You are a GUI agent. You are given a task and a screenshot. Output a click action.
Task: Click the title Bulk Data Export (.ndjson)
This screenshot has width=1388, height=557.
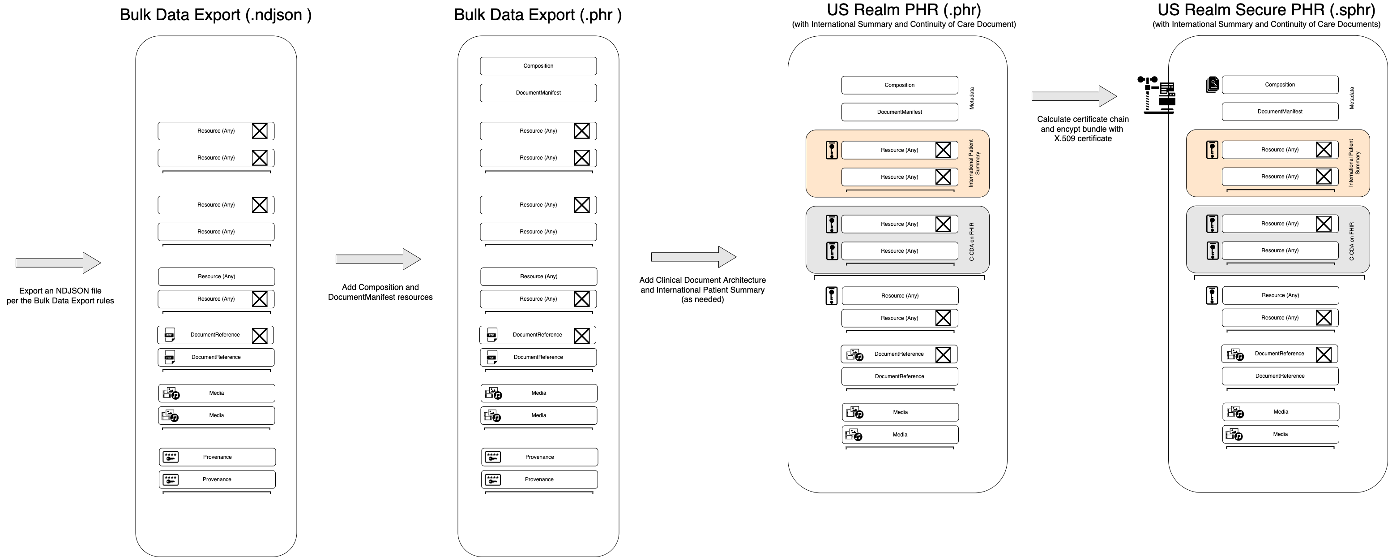click(x=216, y=14)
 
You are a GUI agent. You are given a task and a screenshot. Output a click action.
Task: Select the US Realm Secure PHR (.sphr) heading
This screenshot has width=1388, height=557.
click(x=1266, y=10)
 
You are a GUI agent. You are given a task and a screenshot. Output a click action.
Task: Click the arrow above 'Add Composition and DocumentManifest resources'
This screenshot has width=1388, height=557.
click(x=378, y=259)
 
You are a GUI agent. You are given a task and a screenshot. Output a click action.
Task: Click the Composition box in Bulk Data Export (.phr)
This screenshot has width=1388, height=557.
click(x=538, y=66)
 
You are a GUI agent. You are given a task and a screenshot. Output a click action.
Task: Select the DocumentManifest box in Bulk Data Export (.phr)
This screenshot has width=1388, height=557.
click(x=538, y=93)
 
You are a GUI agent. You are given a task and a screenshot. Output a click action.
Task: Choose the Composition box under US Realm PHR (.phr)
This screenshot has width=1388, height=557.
click(x=899, y=85)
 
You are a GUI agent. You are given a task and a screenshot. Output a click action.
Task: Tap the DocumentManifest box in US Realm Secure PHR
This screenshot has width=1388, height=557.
click(x=1280, y=112)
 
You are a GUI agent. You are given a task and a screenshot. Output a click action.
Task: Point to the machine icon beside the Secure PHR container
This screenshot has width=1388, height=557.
click(x=1157, y=95)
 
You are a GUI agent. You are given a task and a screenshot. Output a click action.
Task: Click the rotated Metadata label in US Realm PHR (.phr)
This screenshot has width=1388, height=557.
click(x=972, y=98)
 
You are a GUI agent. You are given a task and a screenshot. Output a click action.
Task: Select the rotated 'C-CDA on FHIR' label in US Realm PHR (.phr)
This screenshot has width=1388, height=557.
click(x=972, y=242)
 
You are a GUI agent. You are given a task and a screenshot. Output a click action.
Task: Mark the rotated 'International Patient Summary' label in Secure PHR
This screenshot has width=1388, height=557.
click(x=1354, y=163)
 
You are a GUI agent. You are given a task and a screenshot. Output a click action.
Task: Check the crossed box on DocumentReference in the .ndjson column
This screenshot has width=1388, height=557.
click(x=260, y=335)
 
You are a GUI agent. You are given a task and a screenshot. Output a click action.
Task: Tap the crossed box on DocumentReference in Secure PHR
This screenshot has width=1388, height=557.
click(x=1324, y=354)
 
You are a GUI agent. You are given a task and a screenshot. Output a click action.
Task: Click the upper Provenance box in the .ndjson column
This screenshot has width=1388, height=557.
click(x=217, y=457)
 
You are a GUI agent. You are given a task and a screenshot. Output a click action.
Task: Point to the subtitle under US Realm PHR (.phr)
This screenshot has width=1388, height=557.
click(x=904, y=24)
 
